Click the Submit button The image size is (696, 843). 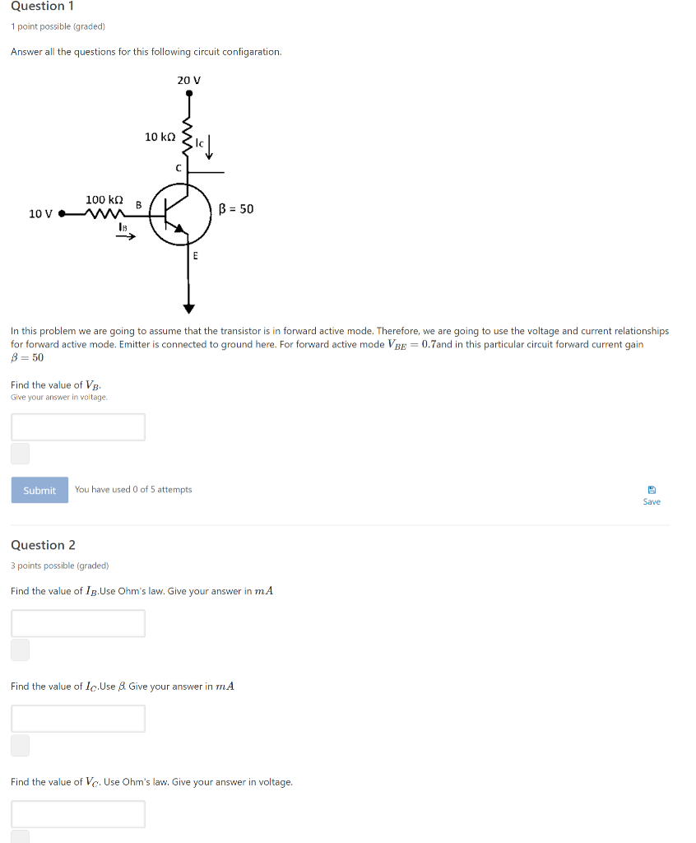coord(39,490)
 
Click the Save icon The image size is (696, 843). coord(652,488)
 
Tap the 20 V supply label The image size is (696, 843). coord(189,80)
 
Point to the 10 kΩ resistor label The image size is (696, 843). coord(160,137)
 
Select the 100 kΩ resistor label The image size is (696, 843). coord(104,200)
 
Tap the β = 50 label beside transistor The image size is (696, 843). coord(237,209)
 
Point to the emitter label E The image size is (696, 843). coord(195,256)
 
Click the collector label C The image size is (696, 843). coord(178,168)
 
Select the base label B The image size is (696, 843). coord(138,204)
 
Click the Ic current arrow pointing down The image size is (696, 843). coord(210,148)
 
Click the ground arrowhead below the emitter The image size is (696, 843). coord(189,309)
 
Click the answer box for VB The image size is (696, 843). coord(78,426)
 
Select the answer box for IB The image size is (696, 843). coord(78,623)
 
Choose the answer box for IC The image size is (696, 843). coord(78,719)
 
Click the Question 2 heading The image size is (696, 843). coord(43,545)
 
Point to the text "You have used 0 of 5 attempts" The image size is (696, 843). coord(133,490)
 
